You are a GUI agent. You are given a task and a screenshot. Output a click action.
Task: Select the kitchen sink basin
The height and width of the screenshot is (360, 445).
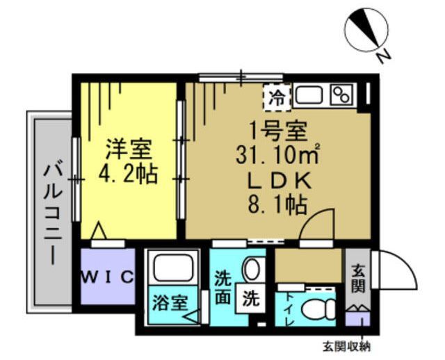coord(309,95)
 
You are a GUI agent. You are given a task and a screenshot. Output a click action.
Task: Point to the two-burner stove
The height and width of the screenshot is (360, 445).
coord(341,95)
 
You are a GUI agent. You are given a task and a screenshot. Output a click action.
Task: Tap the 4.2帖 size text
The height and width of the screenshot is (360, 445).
coord(128,173)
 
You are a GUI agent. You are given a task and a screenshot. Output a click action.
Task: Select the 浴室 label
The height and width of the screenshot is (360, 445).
coord(170,303)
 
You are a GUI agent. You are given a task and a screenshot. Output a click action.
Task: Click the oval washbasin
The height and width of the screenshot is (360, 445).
coord(253,268)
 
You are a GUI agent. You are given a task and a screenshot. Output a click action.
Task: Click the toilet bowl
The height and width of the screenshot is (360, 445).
coord(321,306)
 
